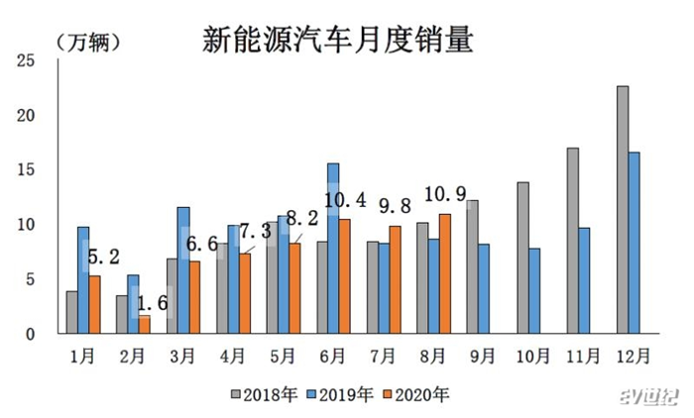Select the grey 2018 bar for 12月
tap(623, 210)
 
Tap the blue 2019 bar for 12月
tap(635, 243)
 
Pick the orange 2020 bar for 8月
tap(444, 273)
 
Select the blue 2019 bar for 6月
tap(333, 249)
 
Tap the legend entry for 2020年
tap(421, 394)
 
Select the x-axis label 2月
tap(133, 354)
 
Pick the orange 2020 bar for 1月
tap(95, 304)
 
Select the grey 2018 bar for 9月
tap(472, 266)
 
